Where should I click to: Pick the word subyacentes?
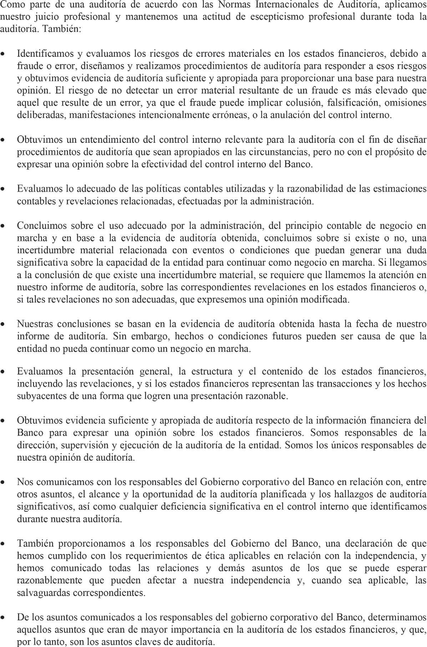39,396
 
